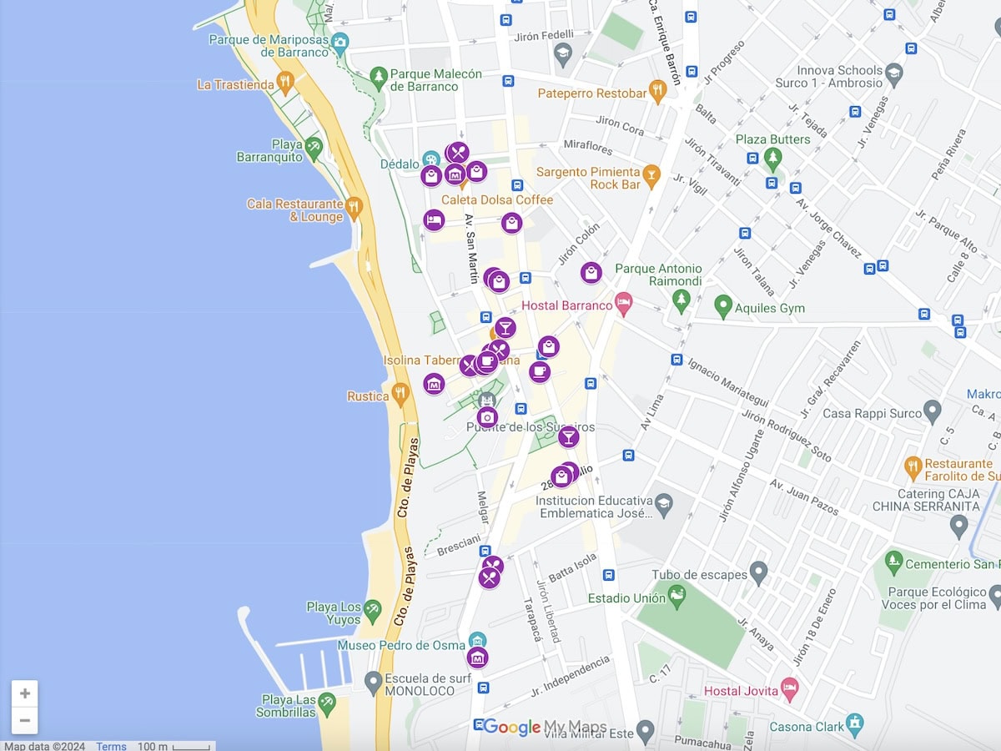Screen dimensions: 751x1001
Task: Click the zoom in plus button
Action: coord(25,693)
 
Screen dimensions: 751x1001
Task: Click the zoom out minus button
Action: coord(25,720)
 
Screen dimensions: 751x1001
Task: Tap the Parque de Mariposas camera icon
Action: coord(340,42)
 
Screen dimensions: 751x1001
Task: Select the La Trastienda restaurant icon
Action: coord(285,82)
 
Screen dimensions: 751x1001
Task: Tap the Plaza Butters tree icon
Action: coord(773,157)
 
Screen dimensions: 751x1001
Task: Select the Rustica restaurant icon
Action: coord(400,393)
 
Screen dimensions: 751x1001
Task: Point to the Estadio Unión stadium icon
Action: coord(677,595)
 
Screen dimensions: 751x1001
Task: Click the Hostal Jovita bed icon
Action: coord(789,688)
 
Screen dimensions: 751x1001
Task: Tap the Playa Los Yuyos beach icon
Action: coord(372,610)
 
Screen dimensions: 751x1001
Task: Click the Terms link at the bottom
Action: coord(111,746)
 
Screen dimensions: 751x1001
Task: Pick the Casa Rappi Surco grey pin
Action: coord(932,411)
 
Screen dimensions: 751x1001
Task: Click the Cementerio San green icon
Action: coord(893,561)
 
